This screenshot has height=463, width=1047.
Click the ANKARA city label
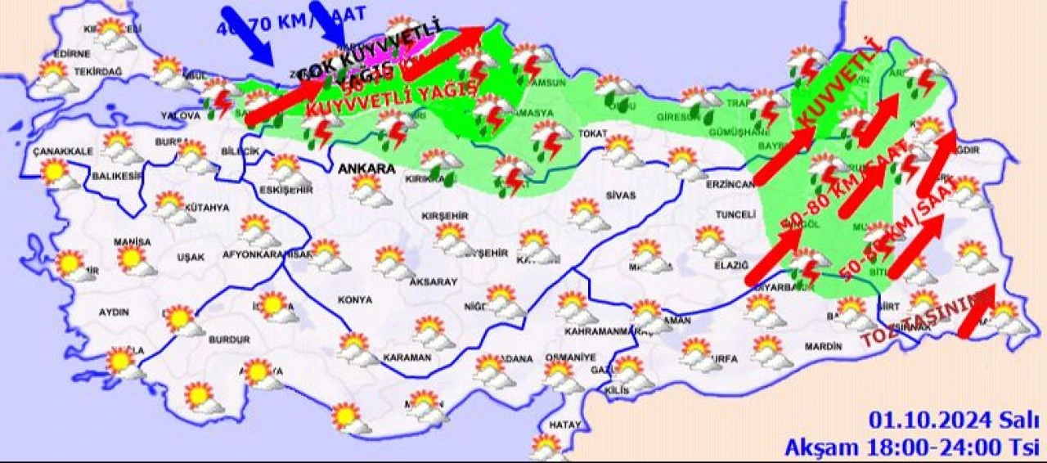click(366, 169)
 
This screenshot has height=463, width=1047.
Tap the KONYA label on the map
click(354, 300)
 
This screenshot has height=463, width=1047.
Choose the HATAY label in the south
click(564, 425)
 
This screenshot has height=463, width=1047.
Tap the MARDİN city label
click(822, 347)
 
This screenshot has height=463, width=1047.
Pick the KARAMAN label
click(406, 358)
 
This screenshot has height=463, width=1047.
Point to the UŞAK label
click(190, 258)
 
